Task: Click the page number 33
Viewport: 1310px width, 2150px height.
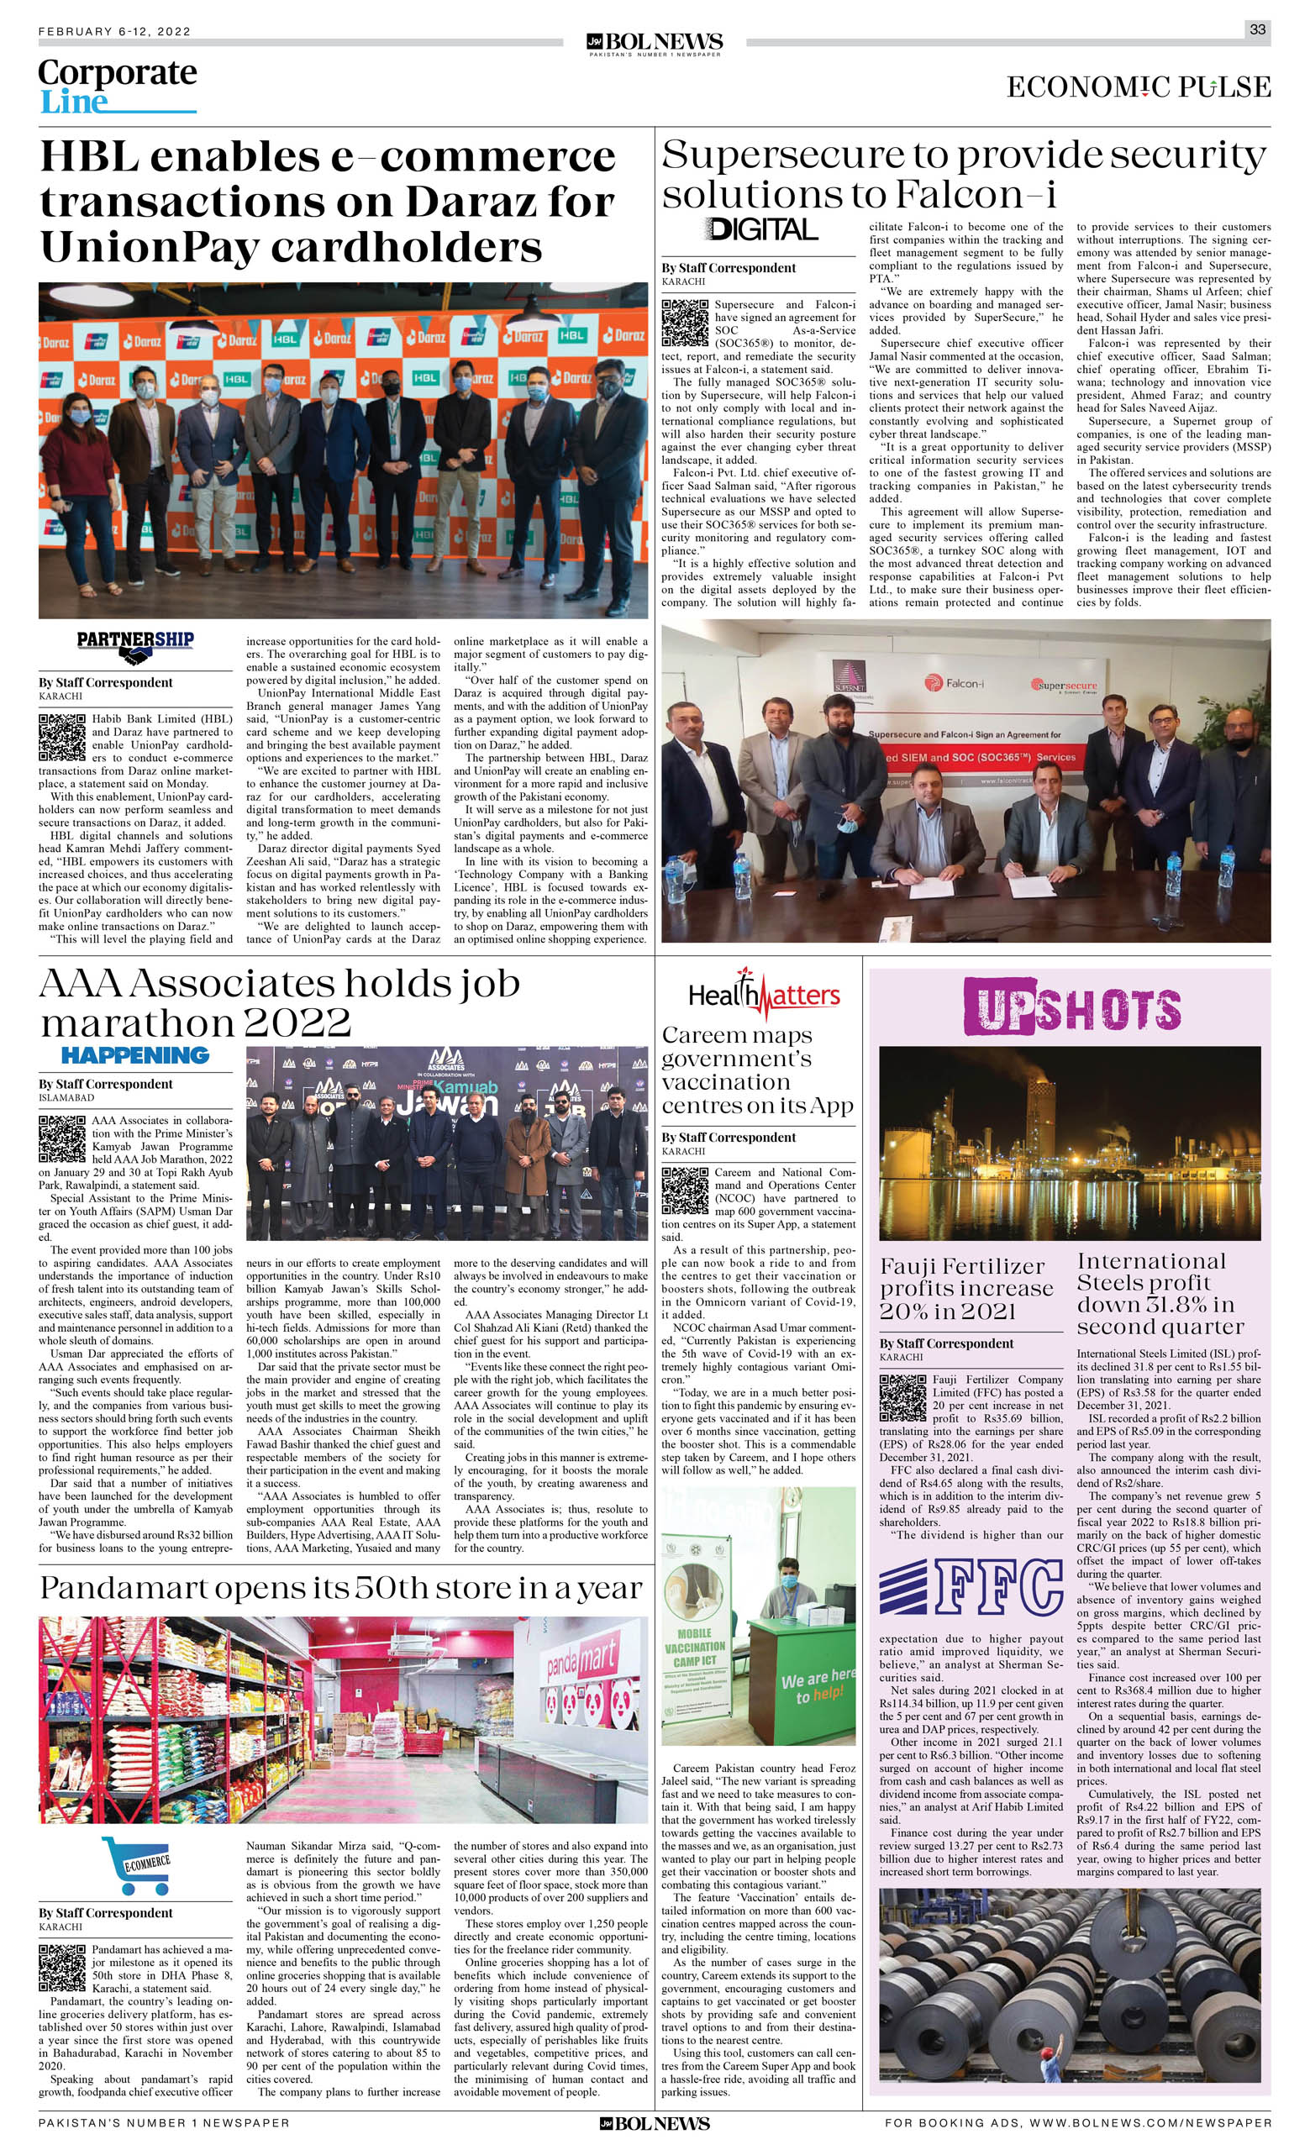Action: [x=1257, y=29]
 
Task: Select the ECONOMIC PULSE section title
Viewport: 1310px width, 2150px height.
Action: [x=1138, y=87]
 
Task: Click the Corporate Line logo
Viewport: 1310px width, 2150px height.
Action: [x=117, y=86]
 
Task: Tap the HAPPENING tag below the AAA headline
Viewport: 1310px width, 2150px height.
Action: [x=135, y=1055]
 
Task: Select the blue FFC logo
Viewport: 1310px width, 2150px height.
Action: [x=971, y=1588]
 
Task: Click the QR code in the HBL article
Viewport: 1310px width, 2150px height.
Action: [x=62, y=737]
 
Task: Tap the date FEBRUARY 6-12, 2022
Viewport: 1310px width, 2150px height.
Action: [x=114, y=31]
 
